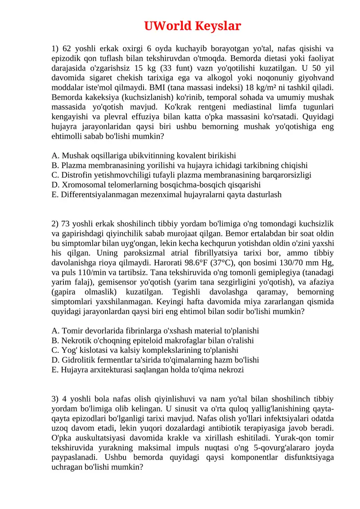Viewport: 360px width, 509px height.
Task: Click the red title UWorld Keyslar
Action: click(193, 26)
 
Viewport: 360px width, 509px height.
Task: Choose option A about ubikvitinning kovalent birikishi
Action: click(144, 156)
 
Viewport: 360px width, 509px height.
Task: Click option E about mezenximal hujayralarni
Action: click(167, 195)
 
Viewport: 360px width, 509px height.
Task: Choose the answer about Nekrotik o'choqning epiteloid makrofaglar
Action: click(153, 340)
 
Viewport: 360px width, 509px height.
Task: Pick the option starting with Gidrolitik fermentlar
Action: click(155, 360)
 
